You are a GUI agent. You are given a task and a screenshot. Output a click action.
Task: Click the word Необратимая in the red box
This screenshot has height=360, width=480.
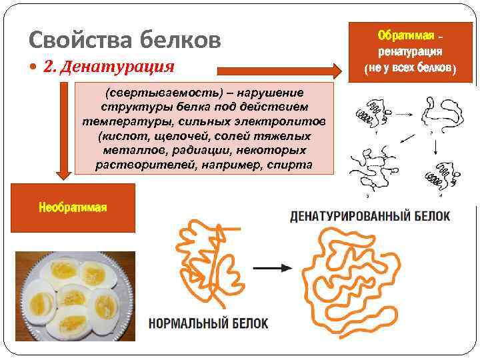click(73, 207)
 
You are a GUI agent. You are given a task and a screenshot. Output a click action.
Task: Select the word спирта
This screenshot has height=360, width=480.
click(287, 165)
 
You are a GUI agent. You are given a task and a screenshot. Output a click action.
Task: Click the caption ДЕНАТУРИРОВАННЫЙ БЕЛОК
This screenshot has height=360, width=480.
click(370, 216)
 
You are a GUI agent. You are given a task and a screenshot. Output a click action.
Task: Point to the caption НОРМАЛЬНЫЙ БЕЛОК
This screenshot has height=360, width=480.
click(208, 323)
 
